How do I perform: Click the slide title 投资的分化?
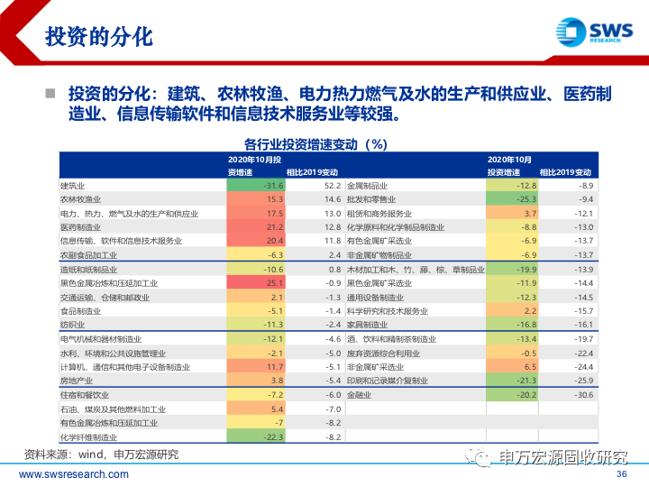coord(98,37)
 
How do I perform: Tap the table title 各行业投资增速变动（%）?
coord(315,143)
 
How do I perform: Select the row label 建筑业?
coord(71,185)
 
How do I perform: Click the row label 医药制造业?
coord(80,227)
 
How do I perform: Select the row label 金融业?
coord(360,394)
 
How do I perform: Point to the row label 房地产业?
coord(76,381)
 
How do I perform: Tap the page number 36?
coord(620,474)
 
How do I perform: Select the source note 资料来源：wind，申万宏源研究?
coord(100,454)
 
